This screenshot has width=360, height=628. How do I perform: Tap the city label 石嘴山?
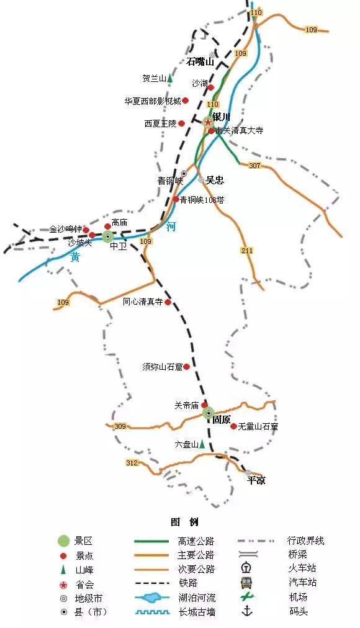pos(200,61)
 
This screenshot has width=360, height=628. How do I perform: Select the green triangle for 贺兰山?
pos(169,79)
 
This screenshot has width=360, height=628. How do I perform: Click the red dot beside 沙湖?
pos(210,87)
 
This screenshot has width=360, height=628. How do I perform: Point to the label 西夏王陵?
pos(161,123)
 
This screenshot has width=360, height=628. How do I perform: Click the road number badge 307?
pos(254,166)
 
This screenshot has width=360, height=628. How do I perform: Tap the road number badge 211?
pos(248,250)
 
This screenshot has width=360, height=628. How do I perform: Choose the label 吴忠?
pos(215,181)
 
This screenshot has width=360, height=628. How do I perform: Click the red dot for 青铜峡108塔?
pos(176,199)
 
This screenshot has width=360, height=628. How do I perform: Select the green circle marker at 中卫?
pos(108,236)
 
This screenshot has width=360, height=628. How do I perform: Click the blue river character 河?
pos(171,227)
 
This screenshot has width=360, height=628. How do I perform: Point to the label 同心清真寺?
pos(143,302)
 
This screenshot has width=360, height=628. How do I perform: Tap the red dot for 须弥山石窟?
pos(186,367)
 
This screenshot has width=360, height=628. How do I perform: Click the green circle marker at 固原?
pos(209,413)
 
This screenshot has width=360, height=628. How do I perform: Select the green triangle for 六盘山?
pos(202,444)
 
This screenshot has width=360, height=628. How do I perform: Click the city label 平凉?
pos(256,480)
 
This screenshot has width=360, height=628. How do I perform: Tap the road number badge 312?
pos(132,463)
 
